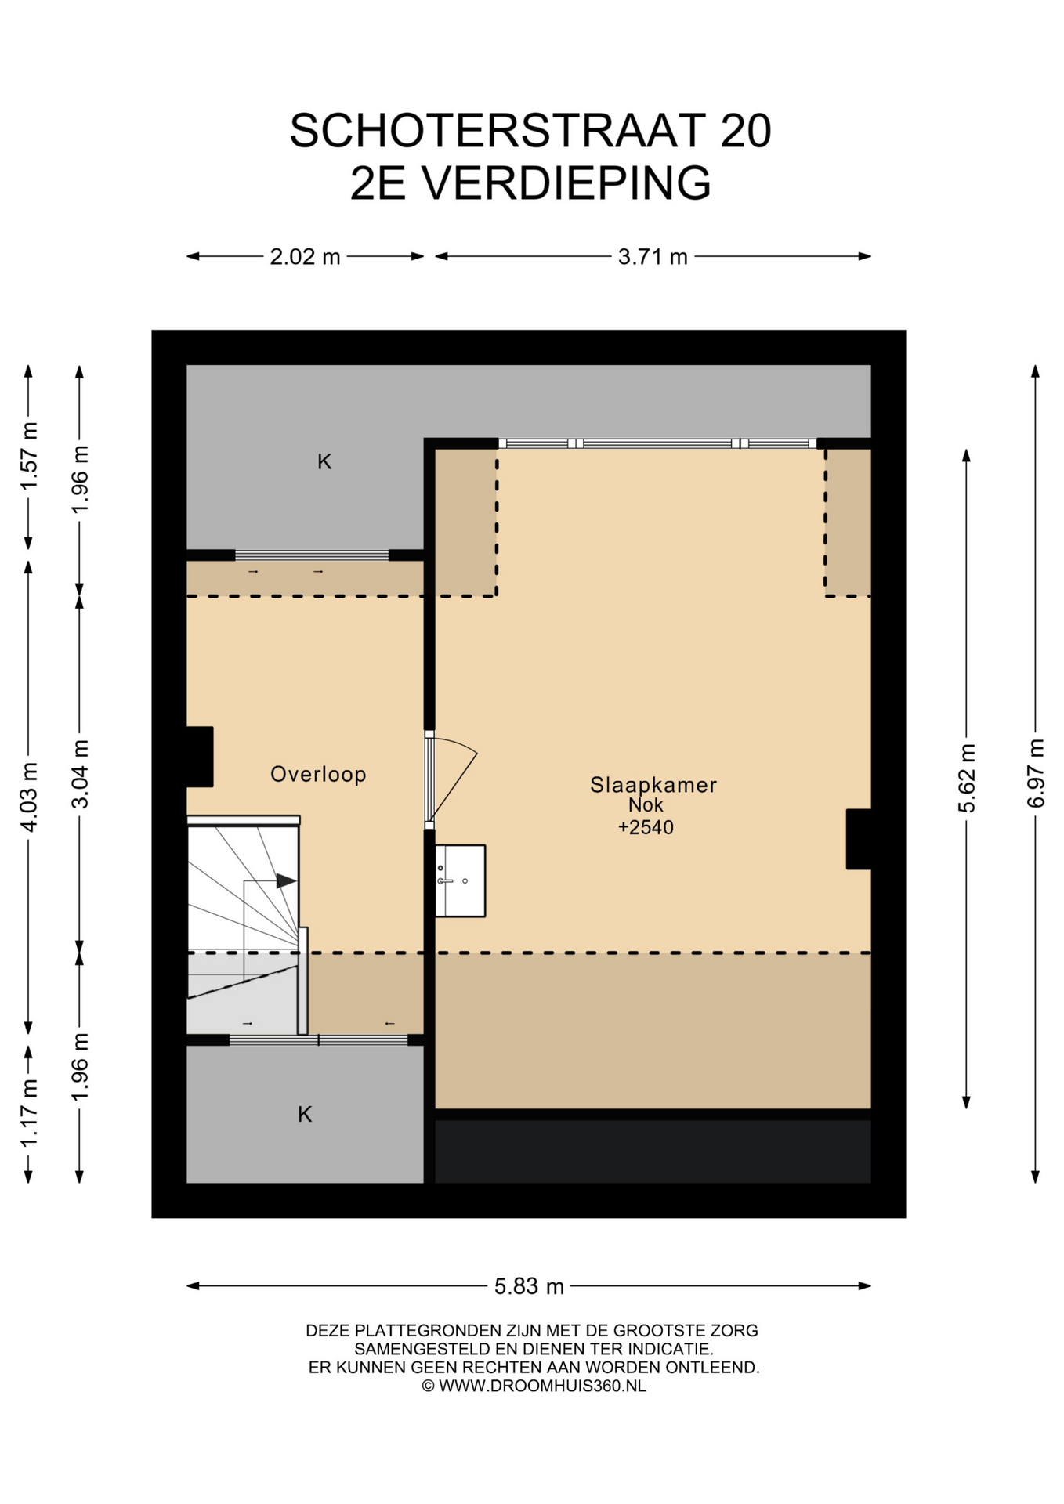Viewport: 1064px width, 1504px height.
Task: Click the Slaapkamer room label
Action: (x=653, y=784)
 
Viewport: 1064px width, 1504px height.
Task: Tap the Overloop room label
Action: (x=318, y=774)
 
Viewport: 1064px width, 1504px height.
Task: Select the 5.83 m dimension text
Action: (x=529, y=1286)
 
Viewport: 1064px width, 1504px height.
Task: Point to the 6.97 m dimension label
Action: (x=1035, y=773)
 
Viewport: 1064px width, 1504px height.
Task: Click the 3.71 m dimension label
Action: (x=653, y=256)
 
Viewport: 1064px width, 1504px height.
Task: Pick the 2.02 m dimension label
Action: (x=305, y=256)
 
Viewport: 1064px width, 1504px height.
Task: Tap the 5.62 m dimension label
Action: (x=966, y=778)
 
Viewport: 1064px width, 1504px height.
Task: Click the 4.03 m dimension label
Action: (x=28, y=797)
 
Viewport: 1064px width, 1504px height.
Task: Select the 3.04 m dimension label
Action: (x=79, y=774)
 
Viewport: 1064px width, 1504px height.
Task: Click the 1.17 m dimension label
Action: (x=28, y=1112)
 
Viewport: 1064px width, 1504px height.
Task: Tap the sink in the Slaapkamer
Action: (x=460, y=880)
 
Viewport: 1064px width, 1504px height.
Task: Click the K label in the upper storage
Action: (x=324, y=462)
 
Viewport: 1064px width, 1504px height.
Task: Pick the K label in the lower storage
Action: (x=305, y=1114)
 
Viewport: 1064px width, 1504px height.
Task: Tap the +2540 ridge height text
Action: (x=646, y=827)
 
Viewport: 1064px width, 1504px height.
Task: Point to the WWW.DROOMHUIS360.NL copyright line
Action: (x=534, y=1386)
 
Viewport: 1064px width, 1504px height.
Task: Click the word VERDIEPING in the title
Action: (x=566, y=183)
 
